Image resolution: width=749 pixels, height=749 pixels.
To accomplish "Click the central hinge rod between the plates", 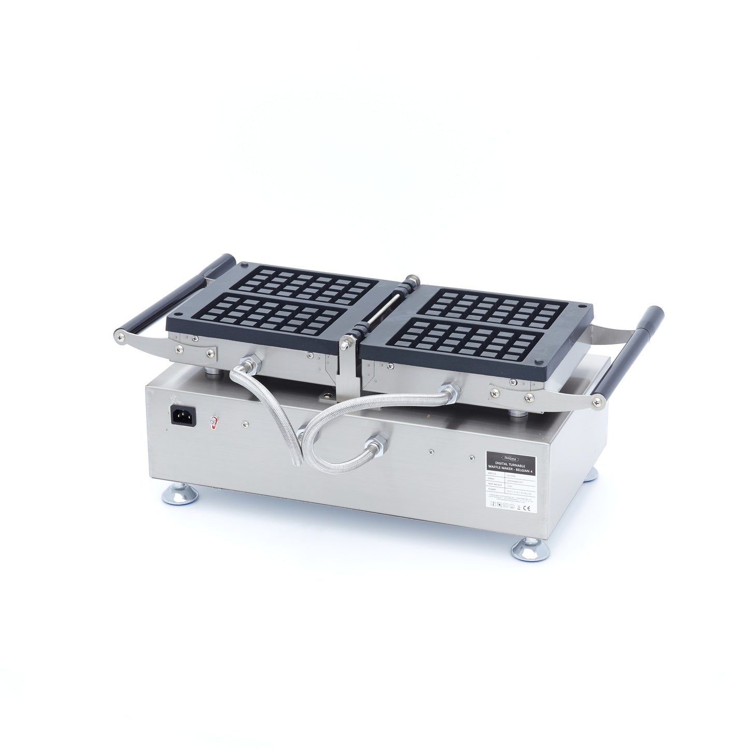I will [x=381, y=310].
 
